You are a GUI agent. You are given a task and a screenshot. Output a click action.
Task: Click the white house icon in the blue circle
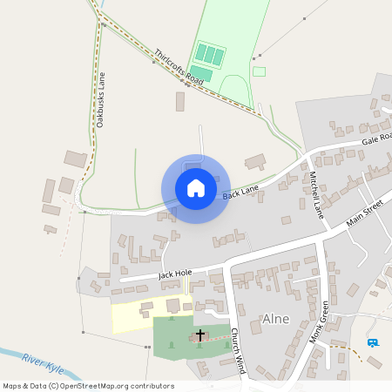(x=195, y=188)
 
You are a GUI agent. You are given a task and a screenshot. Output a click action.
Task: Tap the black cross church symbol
(x=199, y=335)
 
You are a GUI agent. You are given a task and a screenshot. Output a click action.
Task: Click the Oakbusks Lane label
(x=101, y=100)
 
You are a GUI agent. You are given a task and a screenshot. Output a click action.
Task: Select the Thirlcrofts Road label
(x=179, y=67)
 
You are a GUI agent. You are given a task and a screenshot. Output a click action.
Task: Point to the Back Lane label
(x=240, y=191)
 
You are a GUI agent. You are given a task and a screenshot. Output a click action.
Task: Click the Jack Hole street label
(x=175, y=274)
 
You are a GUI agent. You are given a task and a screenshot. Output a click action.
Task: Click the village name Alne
(x=275, y=319)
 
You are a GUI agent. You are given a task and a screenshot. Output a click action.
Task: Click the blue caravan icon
(x=373, y=343)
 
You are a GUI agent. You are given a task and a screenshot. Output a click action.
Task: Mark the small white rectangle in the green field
(x=259, y=71)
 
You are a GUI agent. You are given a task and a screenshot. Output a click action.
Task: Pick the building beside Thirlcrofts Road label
(x=180, y=101)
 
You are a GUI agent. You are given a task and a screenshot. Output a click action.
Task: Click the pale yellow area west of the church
(x=131, y=314)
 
